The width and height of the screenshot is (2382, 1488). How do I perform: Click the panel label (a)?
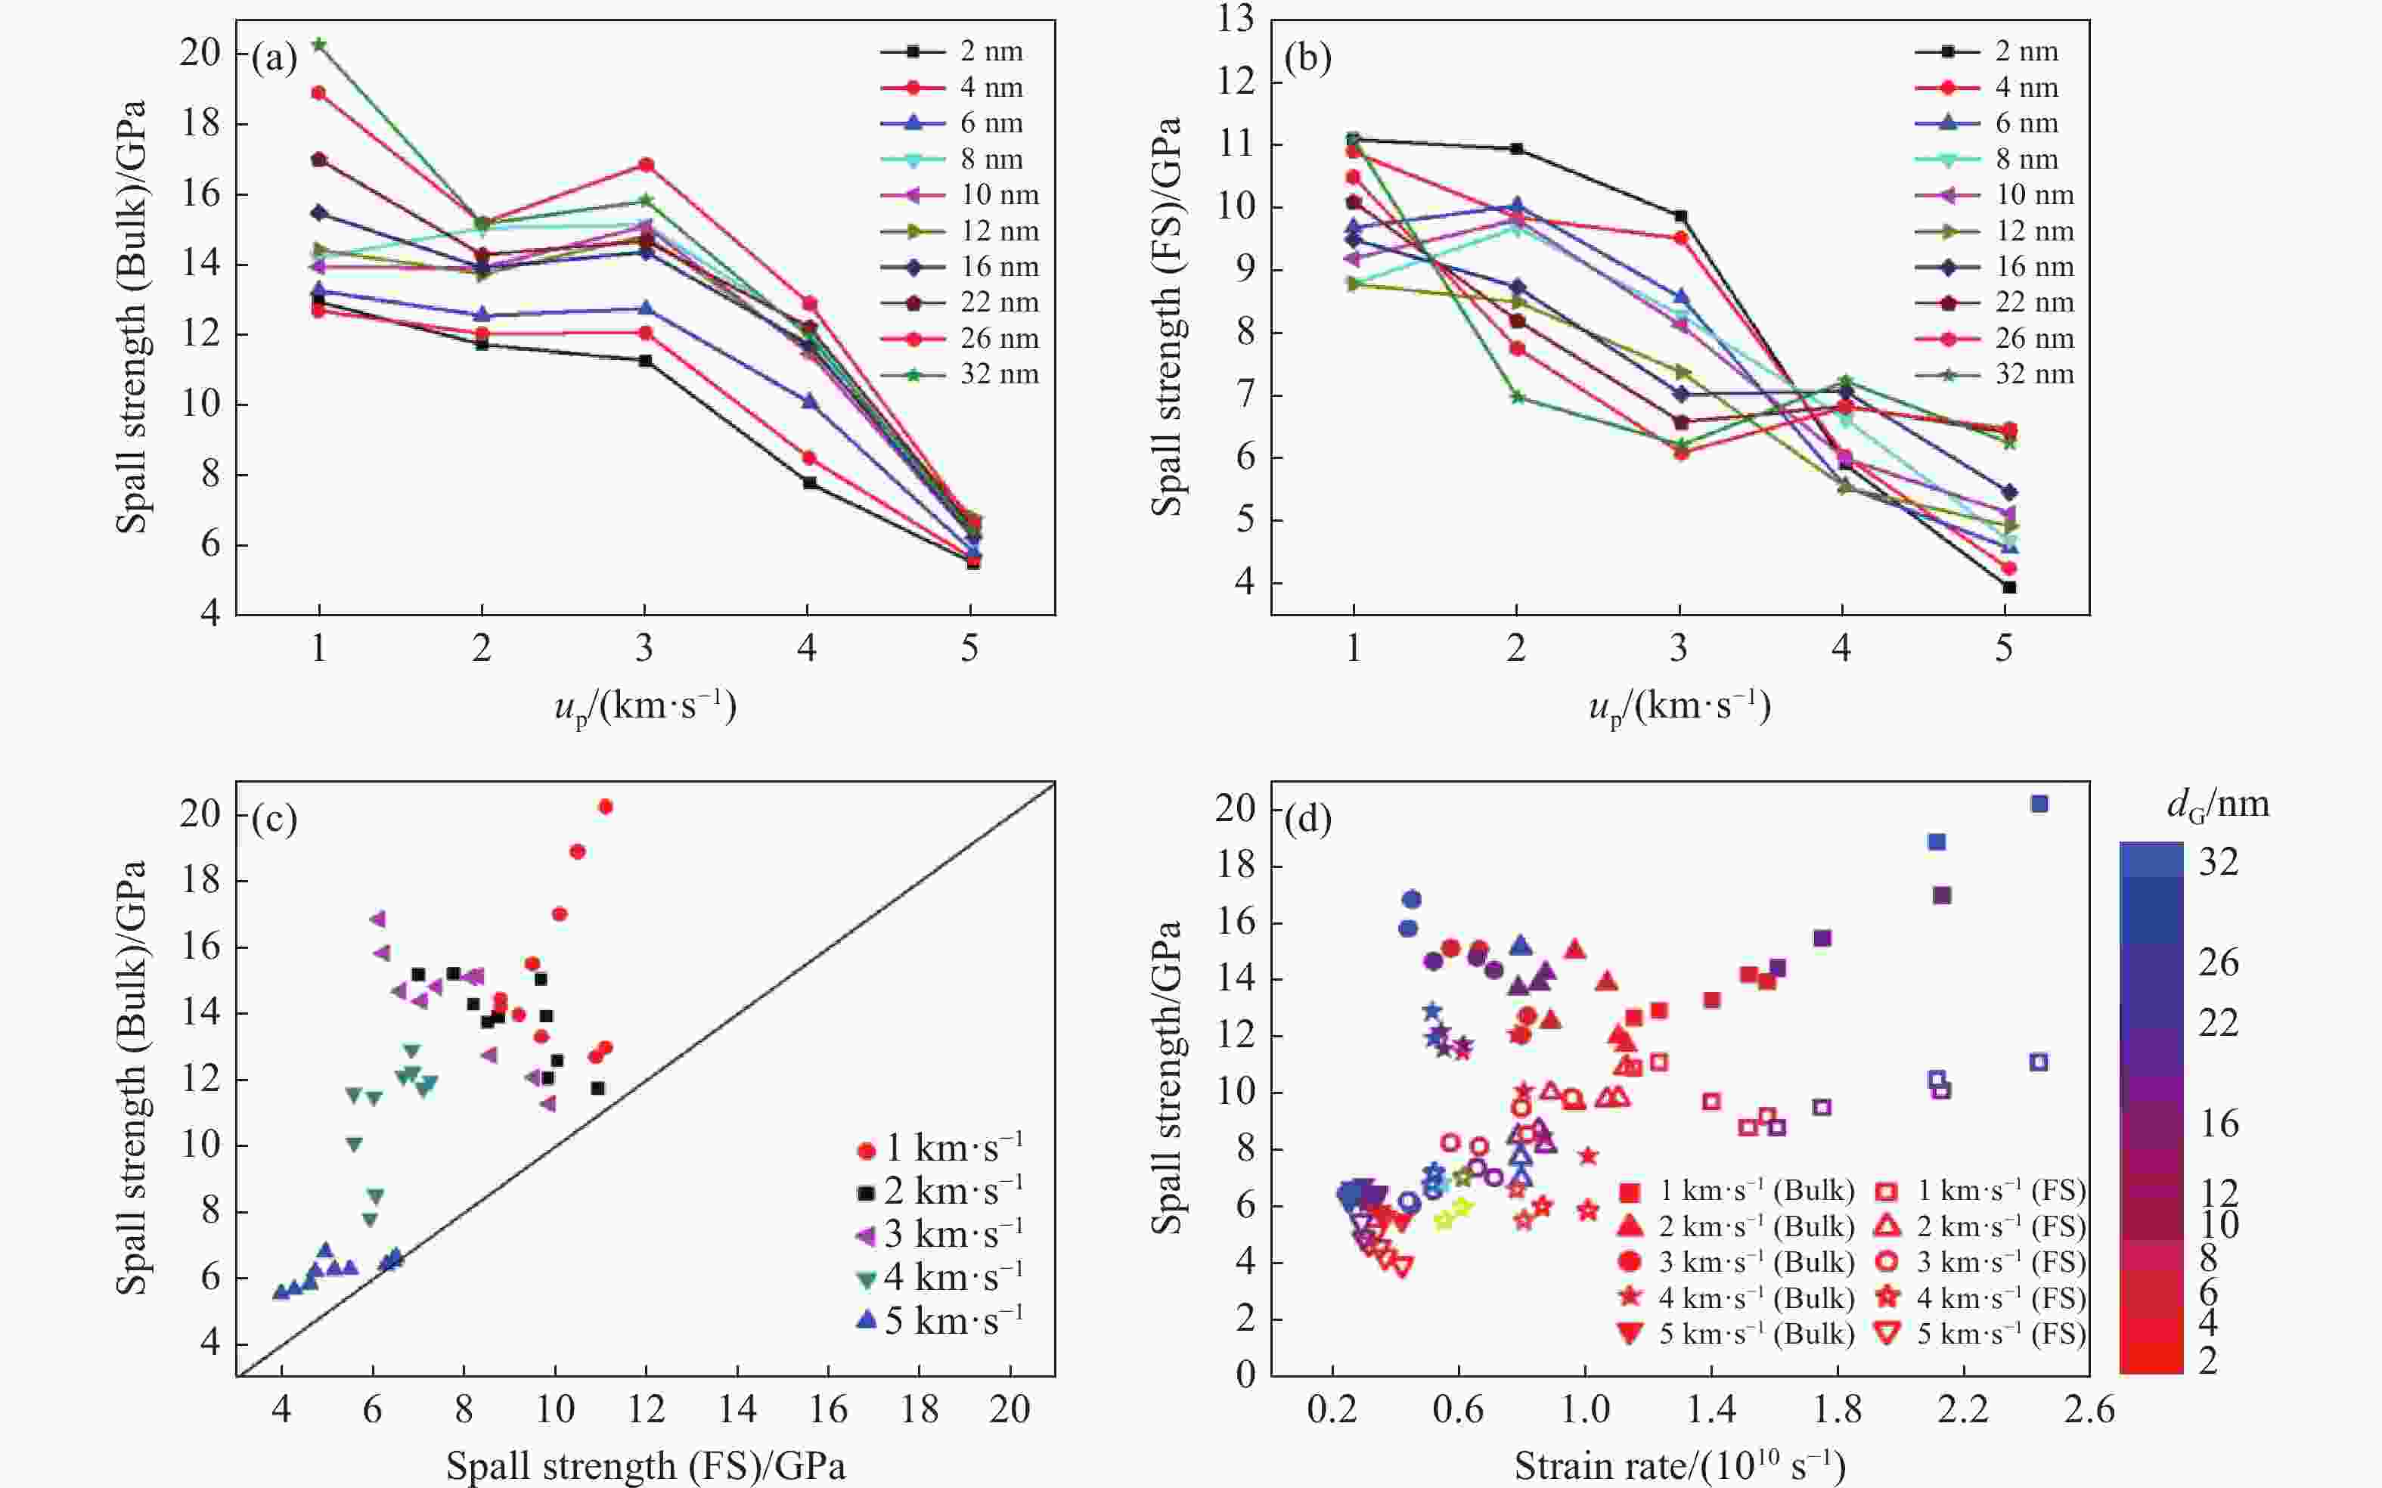pos(274,59)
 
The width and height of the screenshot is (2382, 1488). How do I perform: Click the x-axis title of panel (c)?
pos(645,1465)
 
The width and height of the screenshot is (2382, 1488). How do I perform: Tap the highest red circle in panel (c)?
pos(606,807)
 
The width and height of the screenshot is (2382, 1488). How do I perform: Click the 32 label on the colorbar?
pos(2219,862)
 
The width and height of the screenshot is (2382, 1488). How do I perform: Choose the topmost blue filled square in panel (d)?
pos(2039,804)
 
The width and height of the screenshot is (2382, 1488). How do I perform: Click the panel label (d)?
pos(1308,819)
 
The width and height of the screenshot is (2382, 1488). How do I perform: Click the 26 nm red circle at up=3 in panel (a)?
pos(645,164)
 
